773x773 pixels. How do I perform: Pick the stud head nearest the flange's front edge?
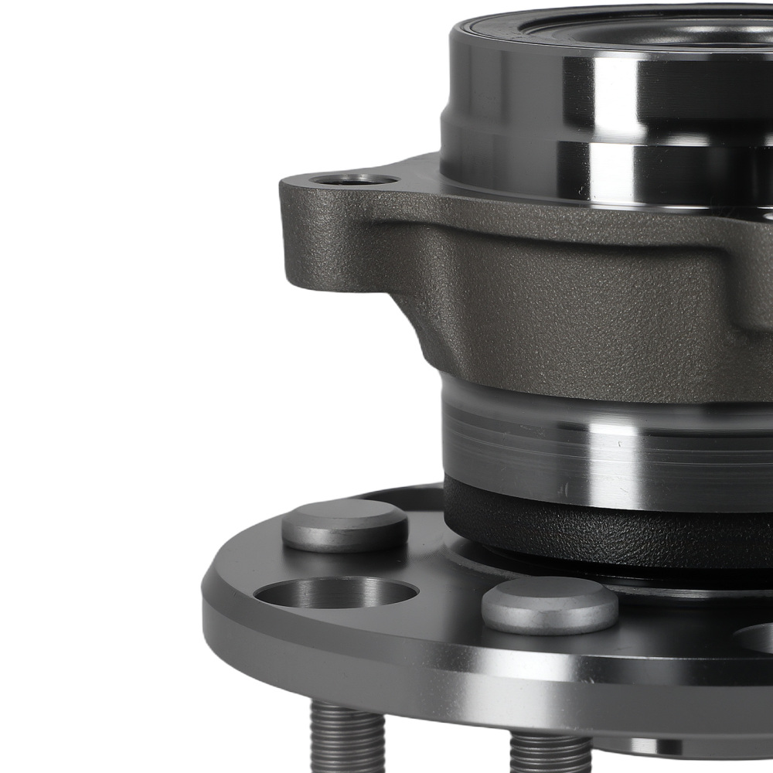550,604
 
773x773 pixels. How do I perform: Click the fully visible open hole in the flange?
335,594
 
